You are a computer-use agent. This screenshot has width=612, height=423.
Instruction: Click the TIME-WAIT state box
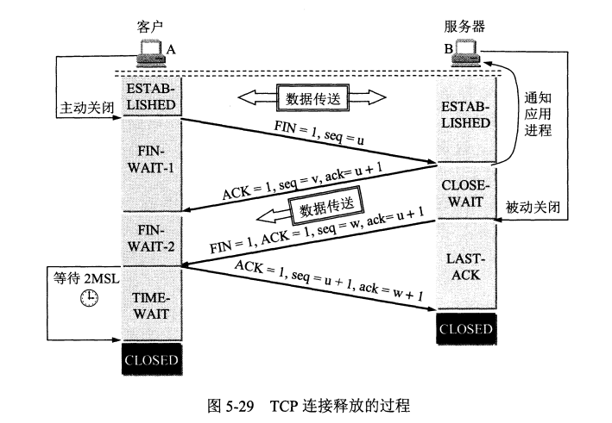tap(151, 306)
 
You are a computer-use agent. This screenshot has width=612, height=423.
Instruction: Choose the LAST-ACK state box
tap(466, 266)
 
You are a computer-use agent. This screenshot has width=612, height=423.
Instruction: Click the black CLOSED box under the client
tap(151, 359)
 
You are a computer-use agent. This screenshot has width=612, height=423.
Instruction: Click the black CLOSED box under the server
tap(466, 329)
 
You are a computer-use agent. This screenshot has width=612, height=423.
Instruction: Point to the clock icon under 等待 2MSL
tap(88, 298)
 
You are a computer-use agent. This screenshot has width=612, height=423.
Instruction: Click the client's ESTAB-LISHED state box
tap(151, 96)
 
